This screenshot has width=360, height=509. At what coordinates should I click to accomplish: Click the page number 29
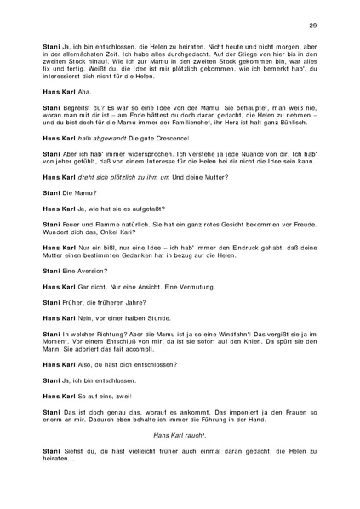313,25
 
